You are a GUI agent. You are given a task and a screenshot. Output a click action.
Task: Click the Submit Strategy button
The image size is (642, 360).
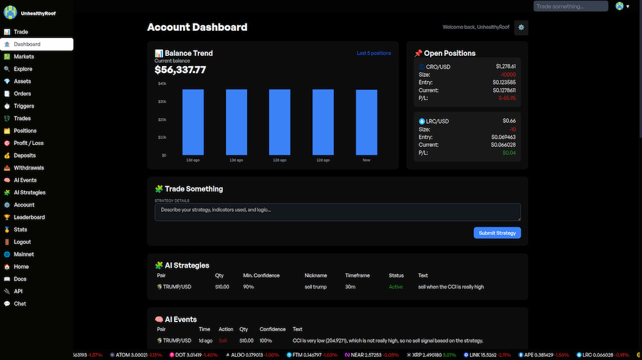point(497,233)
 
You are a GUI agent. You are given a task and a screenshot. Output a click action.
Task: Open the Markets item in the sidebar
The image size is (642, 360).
point(24,56)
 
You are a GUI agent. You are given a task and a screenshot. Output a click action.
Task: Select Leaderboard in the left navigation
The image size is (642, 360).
point(29,217)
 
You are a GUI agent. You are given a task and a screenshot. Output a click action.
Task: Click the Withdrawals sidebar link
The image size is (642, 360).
point(29,167)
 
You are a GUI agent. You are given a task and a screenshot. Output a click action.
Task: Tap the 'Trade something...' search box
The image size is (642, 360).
point(570,6)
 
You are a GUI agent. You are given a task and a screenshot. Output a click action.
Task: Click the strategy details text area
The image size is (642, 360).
point(337,212)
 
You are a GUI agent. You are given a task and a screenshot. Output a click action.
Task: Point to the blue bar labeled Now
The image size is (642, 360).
point(366,122)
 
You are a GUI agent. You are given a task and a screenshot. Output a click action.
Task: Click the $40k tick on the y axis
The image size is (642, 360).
point(162,83)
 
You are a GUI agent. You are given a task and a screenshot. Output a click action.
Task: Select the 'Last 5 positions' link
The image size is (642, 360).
point(373,53)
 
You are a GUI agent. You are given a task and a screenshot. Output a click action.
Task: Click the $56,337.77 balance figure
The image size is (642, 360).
point(180,70)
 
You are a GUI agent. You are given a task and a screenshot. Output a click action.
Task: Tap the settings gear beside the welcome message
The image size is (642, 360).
point(521,27)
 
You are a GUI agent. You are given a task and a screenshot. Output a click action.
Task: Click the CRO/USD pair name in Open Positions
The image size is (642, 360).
point(437,67)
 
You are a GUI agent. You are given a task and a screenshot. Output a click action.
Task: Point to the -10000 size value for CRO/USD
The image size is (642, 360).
point(506,74)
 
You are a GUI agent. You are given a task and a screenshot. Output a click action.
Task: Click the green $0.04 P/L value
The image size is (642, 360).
point(508,153)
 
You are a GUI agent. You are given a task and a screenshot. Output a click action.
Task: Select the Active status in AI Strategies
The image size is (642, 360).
point(395,287)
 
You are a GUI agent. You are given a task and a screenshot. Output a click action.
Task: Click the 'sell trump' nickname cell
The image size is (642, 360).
point(315,287)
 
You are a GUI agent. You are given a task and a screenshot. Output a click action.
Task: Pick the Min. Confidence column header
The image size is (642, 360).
point(261,275)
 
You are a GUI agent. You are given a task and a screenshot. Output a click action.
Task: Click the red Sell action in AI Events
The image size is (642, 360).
point(223,341)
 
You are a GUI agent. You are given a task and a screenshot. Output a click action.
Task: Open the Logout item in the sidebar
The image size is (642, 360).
point(22,242)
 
